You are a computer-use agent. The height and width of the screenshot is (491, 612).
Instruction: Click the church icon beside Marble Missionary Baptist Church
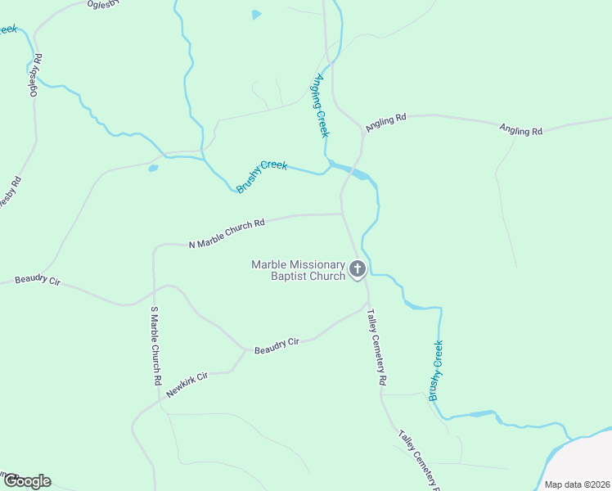point(358,268)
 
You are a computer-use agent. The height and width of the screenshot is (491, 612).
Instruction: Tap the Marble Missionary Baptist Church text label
point(299,270)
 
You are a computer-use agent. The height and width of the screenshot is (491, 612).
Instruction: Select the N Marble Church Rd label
point(227,233)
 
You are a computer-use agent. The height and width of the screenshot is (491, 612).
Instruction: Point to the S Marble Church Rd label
point(154,345)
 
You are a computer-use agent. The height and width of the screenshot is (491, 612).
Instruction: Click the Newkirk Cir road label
point(187,385)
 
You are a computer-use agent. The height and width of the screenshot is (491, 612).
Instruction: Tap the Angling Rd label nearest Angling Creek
point(386,124)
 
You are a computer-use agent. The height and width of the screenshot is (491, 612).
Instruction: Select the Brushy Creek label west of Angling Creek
point(262,176)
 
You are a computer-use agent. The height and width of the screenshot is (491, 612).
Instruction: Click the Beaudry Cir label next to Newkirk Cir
point(277,347)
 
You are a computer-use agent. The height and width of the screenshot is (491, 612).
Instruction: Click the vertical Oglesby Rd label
point(36,75)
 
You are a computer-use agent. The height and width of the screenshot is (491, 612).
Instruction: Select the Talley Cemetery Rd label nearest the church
point(376,347)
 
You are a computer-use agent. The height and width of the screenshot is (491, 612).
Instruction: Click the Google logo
point(26,481)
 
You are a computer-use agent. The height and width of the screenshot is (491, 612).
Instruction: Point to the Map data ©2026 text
point(577,484)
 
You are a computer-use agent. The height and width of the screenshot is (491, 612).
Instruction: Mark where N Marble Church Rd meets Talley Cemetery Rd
point(341,214)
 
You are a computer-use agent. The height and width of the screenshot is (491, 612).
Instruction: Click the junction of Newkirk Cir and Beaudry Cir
point(245,351)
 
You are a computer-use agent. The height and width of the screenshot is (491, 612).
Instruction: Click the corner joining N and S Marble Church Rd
point(154,246)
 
